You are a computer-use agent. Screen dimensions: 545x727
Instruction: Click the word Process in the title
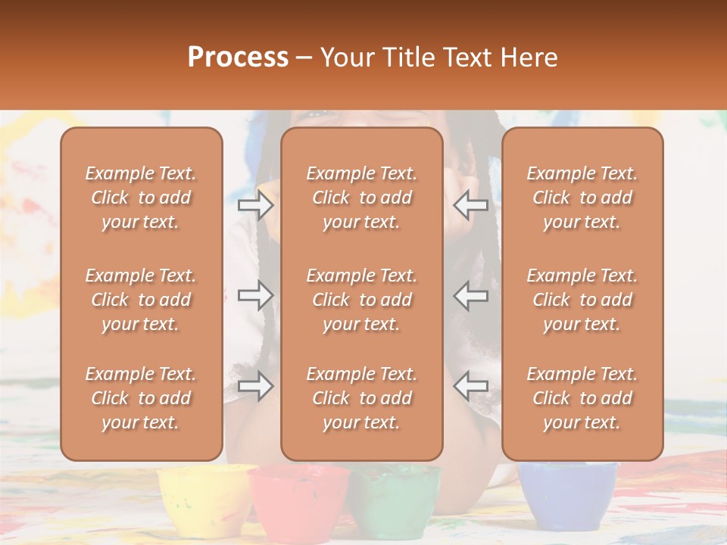[x=238, y=58]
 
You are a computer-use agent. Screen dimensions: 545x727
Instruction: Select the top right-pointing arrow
[x=255, y=204]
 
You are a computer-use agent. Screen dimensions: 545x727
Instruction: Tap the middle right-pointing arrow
[x=255, y=296]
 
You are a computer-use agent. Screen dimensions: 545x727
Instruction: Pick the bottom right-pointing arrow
[x=255, y=387]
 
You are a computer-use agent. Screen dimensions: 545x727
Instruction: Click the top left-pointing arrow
[x=471, y=204]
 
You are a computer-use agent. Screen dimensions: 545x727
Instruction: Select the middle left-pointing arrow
[x=471, y=296]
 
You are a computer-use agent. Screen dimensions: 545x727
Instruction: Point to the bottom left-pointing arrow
[x=471, y=387]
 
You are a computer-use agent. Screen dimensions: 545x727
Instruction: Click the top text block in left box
[x=141, y=198]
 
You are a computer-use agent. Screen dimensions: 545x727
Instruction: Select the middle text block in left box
[x=141, y=300]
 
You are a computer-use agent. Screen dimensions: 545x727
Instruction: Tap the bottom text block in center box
[x=361, y=398]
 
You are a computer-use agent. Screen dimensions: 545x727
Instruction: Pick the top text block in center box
[x=361, y=198]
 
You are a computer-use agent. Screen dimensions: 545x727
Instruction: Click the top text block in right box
[x=582, y=198]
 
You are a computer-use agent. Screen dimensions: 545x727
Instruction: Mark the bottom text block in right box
[x=582, y=398]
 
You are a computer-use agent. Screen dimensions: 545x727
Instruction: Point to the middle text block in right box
[x=582, y=300]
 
